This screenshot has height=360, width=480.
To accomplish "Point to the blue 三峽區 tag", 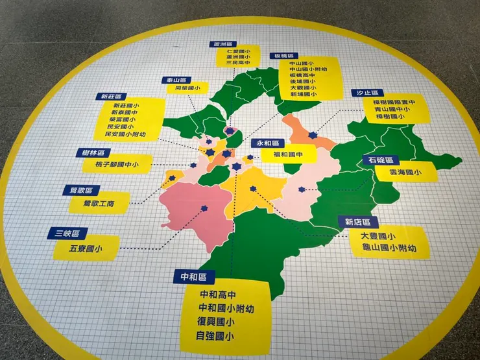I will click(67, 233).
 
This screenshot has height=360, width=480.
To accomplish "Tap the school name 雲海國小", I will click(404, 173).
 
